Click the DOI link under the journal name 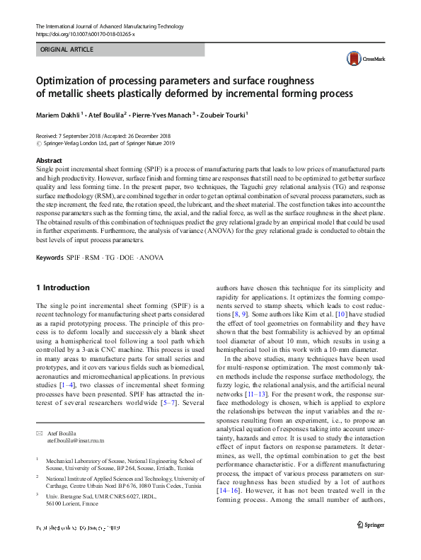coord(86,34)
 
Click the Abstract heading coord(49,161)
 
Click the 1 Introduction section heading coord(62,288)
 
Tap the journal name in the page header coord(109,26)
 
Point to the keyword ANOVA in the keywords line coord(150,258)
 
